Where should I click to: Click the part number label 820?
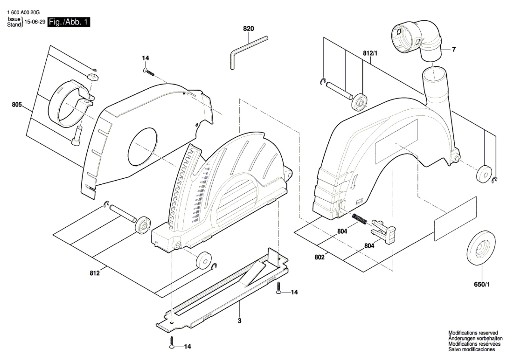[248, 29]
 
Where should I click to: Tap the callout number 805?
[17, 105]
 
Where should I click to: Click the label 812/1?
[370, 53]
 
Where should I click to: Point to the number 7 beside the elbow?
[454, 49]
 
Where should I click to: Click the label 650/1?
[482, 284]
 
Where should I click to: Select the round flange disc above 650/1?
[481, 248]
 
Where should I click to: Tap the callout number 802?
[319, 257]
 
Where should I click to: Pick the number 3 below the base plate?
[239, 321]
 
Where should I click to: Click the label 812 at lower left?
[94, 273]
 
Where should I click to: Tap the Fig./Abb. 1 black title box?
[69, 22]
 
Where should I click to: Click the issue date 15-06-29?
[35, 22]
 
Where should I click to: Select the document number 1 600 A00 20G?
[24, 12]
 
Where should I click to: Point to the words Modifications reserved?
[473, 333]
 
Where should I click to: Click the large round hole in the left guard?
[142, 147]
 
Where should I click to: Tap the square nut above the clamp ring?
[93, 77]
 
